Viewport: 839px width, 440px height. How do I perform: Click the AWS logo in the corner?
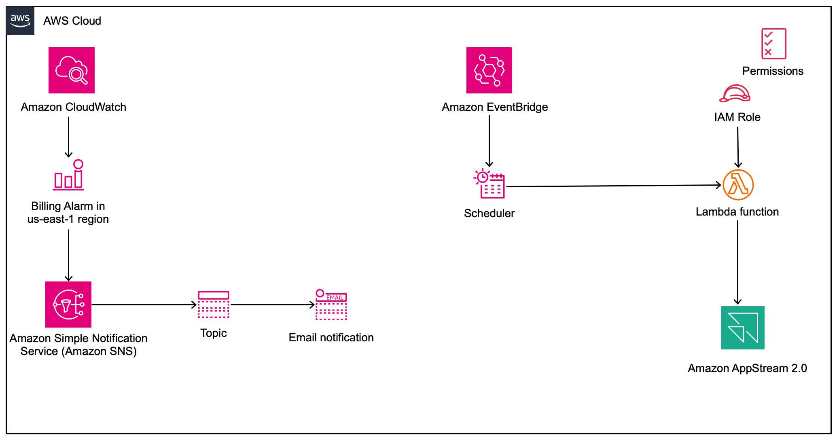20,21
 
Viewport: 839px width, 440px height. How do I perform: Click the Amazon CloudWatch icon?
72,70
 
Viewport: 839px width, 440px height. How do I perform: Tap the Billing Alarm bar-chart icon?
68,175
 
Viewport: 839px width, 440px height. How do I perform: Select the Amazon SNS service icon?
68,305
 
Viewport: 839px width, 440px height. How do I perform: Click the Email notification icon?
331,305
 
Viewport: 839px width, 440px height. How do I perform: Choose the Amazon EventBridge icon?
489,70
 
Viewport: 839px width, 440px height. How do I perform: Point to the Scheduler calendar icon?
489,184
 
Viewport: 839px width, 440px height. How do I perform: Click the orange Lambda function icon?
738,185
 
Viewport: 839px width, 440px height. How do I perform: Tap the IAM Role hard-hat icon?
735,93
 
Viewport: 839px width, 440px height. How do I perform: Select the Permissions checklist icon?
773,44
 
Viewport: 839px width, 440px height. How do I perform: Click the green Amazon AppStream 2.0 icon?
743,328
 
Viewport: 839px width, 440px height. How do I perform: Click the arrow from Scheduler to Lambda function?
613,186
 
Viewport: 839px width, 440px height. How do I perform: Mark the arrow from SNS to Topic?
144,305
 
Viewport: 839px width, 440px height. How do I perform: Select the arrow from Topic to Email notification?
272,305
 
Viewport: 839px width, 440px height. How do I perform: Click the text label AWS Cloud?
72,21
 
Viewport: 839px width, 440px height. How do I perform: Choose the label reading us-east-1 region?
68,219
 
